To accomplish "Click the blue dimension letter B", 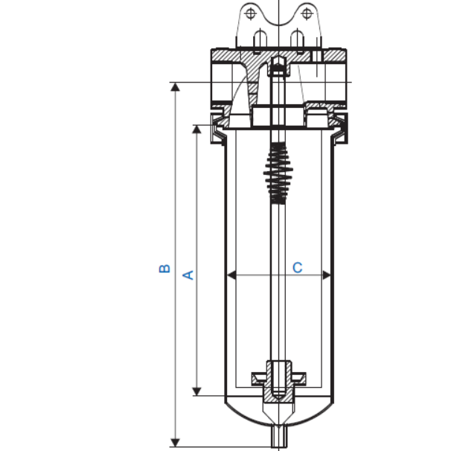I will click(x=165, y=268).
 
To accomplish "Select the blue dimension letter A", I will click(x=188, y=275).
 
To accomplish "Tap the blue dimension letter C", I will click(x=297, y=266).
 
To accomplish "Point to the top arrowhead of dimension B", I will click(x=176, y=87).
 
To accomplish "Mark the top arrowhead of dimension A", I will click(x=197, y=129).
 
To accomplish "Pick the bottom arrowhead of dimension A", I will click(x=197, y=390).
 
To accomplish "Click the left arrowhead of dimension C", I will click(x=231, y=275).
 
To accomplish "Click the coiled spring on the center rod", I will click(x=278, y=173).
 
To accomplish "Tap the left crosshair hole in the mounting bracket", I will click(x=250, y=14).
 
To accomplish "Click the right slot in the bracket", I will click(x=297, y=39).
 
